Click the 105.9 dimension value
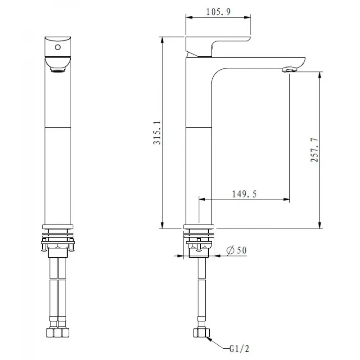click(218, 12)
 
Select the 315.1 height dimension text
click(157, 133)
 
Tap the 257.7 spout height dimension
click(314, 150)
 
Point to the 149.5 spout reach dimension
click(244, 194)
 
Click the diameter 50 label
click(237, 250)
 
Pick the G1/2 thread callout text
click(239, 348)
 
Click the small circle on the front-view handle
click(58, 47)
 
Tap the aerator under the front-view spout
click(58, 70)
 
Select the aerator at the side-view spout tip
click(289, 69)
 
